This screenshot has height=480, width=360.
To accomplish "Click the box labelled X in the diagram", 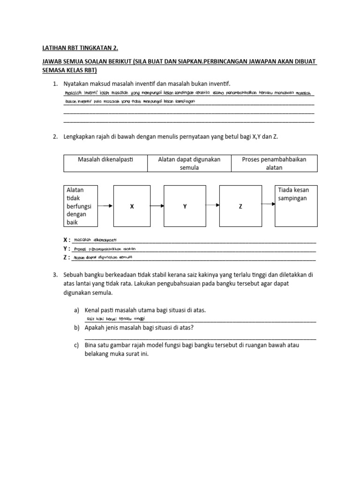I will pos(132,206).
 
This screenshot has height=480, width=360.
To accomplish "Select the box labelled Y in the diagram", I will pos(185,206).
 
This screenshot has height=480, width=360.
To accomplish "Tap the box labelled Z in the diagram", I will pos(240,206).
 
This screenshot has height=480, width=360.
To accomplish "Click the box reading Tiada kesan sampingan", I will pos(295,205).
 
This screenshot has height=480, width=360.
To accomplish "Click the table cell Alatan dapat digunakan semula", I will pos(189,164).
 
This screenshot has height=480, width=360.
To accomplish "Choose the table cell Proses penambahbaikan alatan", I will pos(274,164).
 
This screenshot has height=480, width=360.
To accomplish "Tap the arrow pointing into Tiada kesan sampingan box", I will pos(267,204).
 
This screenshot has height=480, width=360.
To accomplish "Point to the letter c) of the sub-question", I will pos(76,345).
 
